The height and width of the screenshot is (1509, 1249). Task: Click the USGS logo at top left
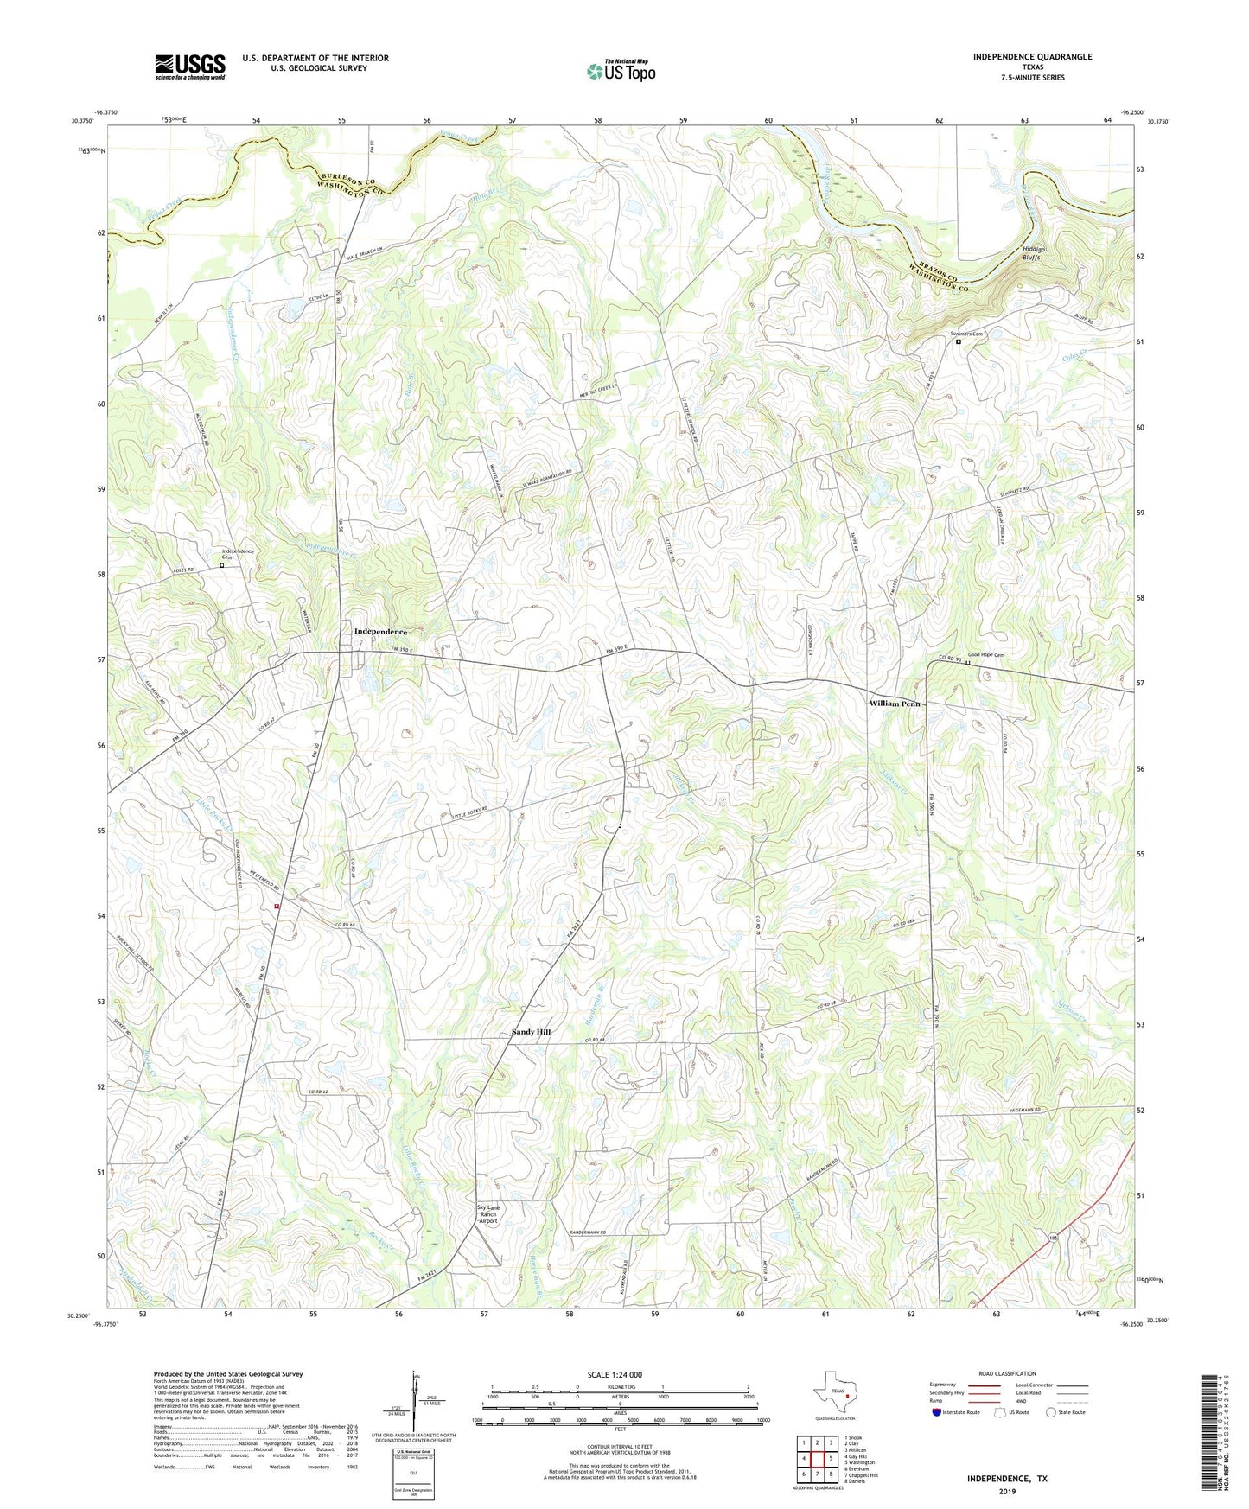[189, 67]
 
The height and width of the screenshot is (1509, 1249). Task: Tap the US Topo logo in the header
[620, 71]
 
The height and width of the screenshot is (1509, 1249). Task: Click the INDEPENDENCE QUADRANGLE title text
[1032, 57]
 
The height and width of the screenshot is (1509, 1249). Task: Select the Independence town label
[380, 632]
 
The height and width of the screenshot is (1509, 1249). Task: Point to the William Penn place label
[894, 704]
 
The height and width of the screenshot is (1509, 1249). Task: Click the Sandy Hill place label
[531, 1032]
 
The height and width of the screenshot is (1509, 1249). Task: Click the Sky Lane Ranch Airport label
[488, 1214]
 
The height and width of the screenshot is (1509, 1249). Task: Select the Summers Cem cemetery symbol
[958, 342]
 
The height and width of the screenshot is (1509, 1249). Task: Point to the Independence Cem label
[237, 554]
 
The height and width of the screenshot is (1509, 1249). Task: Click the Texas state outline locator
[834, 1394]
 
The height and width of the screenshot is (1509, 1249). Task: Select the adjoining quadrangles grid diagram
[816, 1458]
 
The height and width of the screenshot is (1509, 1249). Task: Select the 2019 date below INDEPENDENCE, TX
[1007, 1492]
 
